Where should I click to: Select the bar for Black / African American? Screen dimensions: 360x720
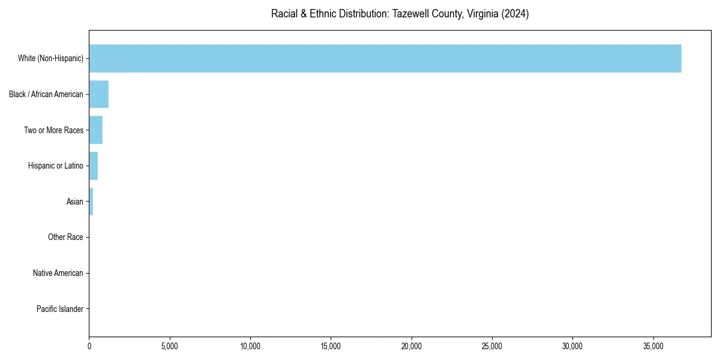(98, 94)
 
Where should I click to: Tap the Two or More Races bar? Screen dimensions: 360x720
(96, 130)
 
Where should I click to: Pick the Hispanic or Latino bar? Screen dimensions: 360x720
(94, 166)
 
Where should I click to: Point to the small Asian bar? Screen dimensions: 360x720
(91, 202)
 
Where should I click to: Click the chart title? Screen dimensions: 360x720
(400, 14)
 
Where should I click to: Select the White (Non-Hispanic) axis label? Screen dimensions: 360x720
(50, 58)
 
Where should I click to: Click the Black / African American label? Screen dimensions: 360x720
(46, 94)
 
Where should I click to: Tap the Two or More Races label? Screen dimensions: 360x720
(53, 130)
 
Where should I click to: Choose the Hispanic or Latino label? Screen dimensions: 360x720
(56, 166)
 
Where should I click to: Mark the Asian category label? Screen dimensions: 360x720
(75, 202)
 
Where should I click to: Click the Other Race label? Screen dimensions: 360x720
(65, 238)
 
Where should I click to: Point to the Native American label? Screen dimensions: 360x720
(58, 273)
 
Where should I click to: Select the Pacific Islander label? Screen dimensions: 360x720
(60, 309)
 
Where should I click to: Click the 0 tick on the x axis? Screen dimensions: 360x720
(89, 346)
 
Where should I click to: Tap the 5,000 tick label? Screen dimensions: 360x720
(170, 346)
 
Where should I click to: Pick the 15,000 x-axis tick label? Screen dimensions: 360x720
(331, 346)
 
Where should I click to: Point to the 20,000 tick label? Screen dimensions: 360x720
(412, 346)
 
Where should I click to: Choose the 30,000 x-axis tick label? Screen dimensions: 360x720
(572, 346)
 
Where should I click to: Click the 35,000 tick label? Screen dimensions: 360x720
(653, 346)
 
